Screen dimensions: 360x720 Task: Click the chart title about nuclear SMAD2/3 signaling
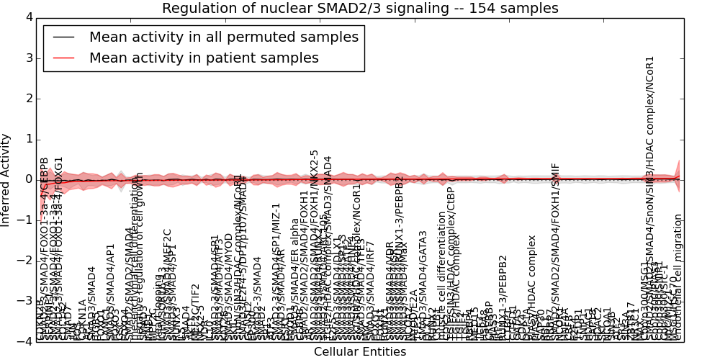click(x=360, y=9)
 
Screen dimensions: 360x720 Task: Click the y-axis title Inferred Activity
click(x=6, y=179)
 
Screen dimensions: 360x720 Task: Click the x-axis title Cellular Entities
click(x=360, y=352)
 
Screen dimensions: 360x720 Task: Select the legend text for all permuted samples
click(x=223, y=37)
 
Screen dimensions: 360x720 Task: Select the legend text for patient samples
click(x=204, y=58)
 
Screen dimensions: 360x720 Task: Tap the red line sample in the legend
click(x=63, y=58)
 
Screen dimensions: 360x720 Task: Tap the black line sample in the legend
click(x=63, y=37)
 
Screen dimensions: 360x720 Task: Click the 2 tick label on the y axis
click(x=28, y=98)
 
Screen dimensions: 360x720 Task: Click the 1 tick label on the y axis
click(x=28, y=139)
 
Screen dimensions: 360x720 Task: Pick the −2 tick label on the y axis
click(x=25, y=261)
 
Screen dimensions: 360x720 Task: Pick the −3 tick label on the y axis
click(x=25, y=301)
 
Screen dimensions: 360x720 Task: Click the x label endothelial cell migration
click(x=678, y=277)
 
